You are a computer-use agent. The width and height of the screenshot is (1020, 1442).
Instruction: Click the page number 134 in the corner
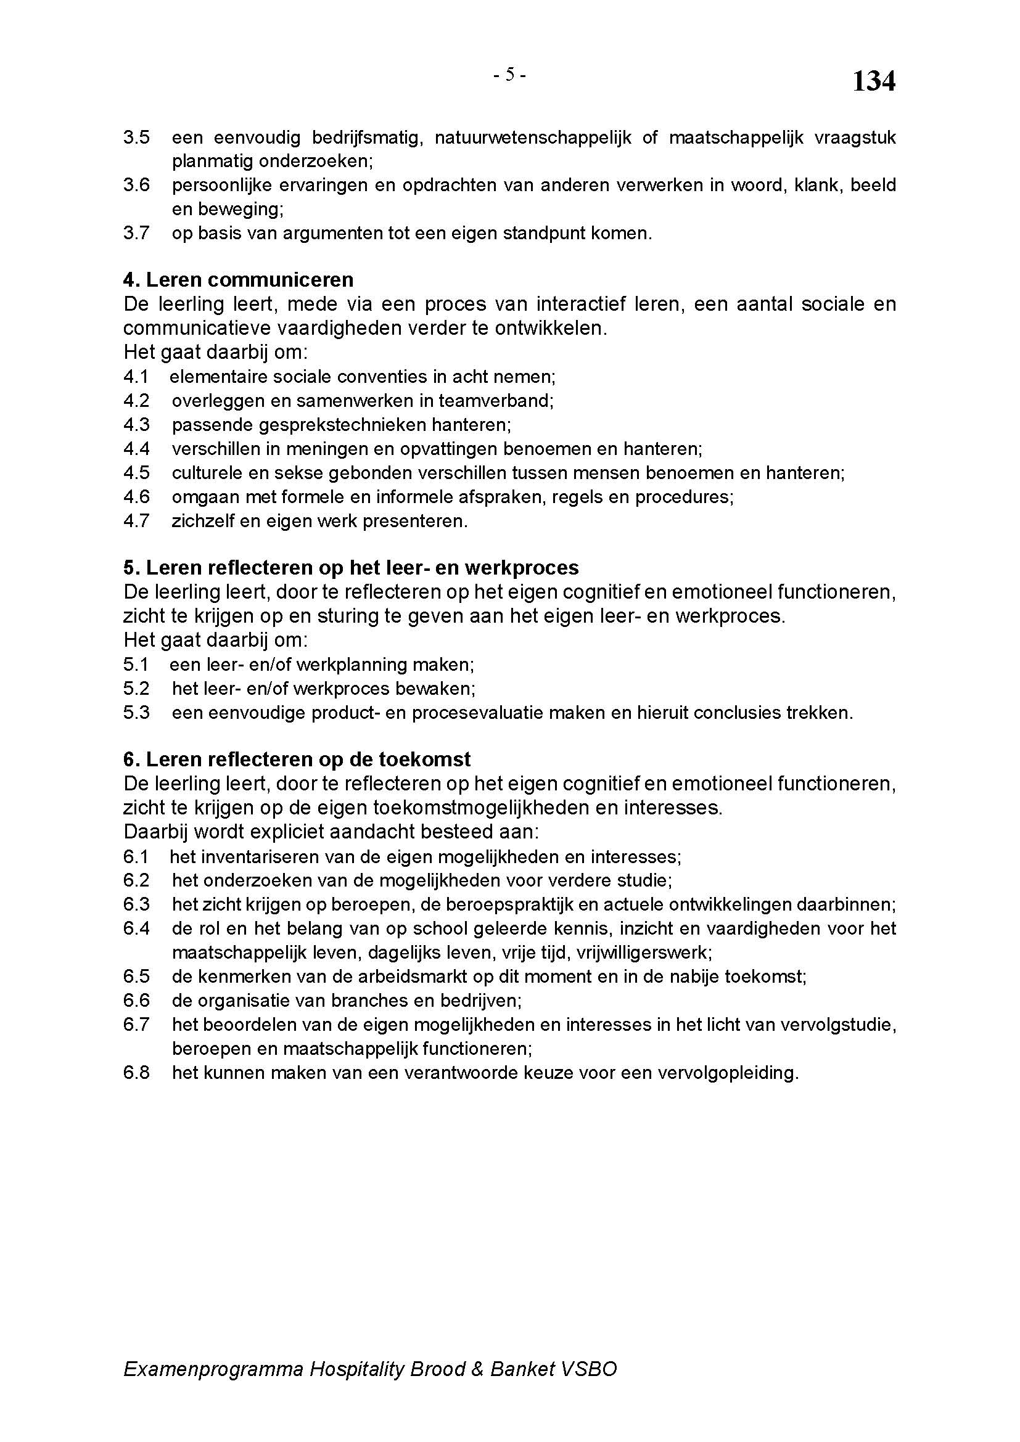pyautogui.click(x=873, y=81)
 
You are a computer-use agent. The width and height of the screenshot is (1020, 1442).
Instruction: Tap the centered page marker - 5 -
pyautogui.click(x=509, y=75)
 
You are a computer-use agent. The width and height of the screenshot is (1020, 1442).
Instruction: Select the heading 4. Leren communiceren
pyautogui.click(x=238, y=279)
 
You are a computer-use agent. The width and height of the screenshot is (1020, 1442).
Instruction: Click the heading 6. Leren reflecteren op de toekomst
pyautogui.click(x=297, y=760)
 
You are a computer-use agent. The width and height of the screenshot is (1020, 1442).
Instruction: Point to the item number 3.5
pyautogui.click(x=136, y=137)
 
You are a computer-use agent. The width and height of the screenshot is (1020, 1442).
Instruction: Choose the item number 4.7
pyautogui.click(x=136, y=522)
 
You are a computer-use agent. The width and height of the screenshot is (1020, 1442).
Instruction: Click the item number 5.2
pyautogui.click(x=136, y=689)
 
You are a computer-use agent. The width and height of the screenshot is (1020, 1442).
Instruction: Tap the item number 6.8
pyautogui.click(x=136, y=1073)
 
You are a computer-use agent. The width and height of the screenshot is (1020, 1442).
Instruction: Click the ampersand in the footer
pyautogui.click(x=477, y=1369)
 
